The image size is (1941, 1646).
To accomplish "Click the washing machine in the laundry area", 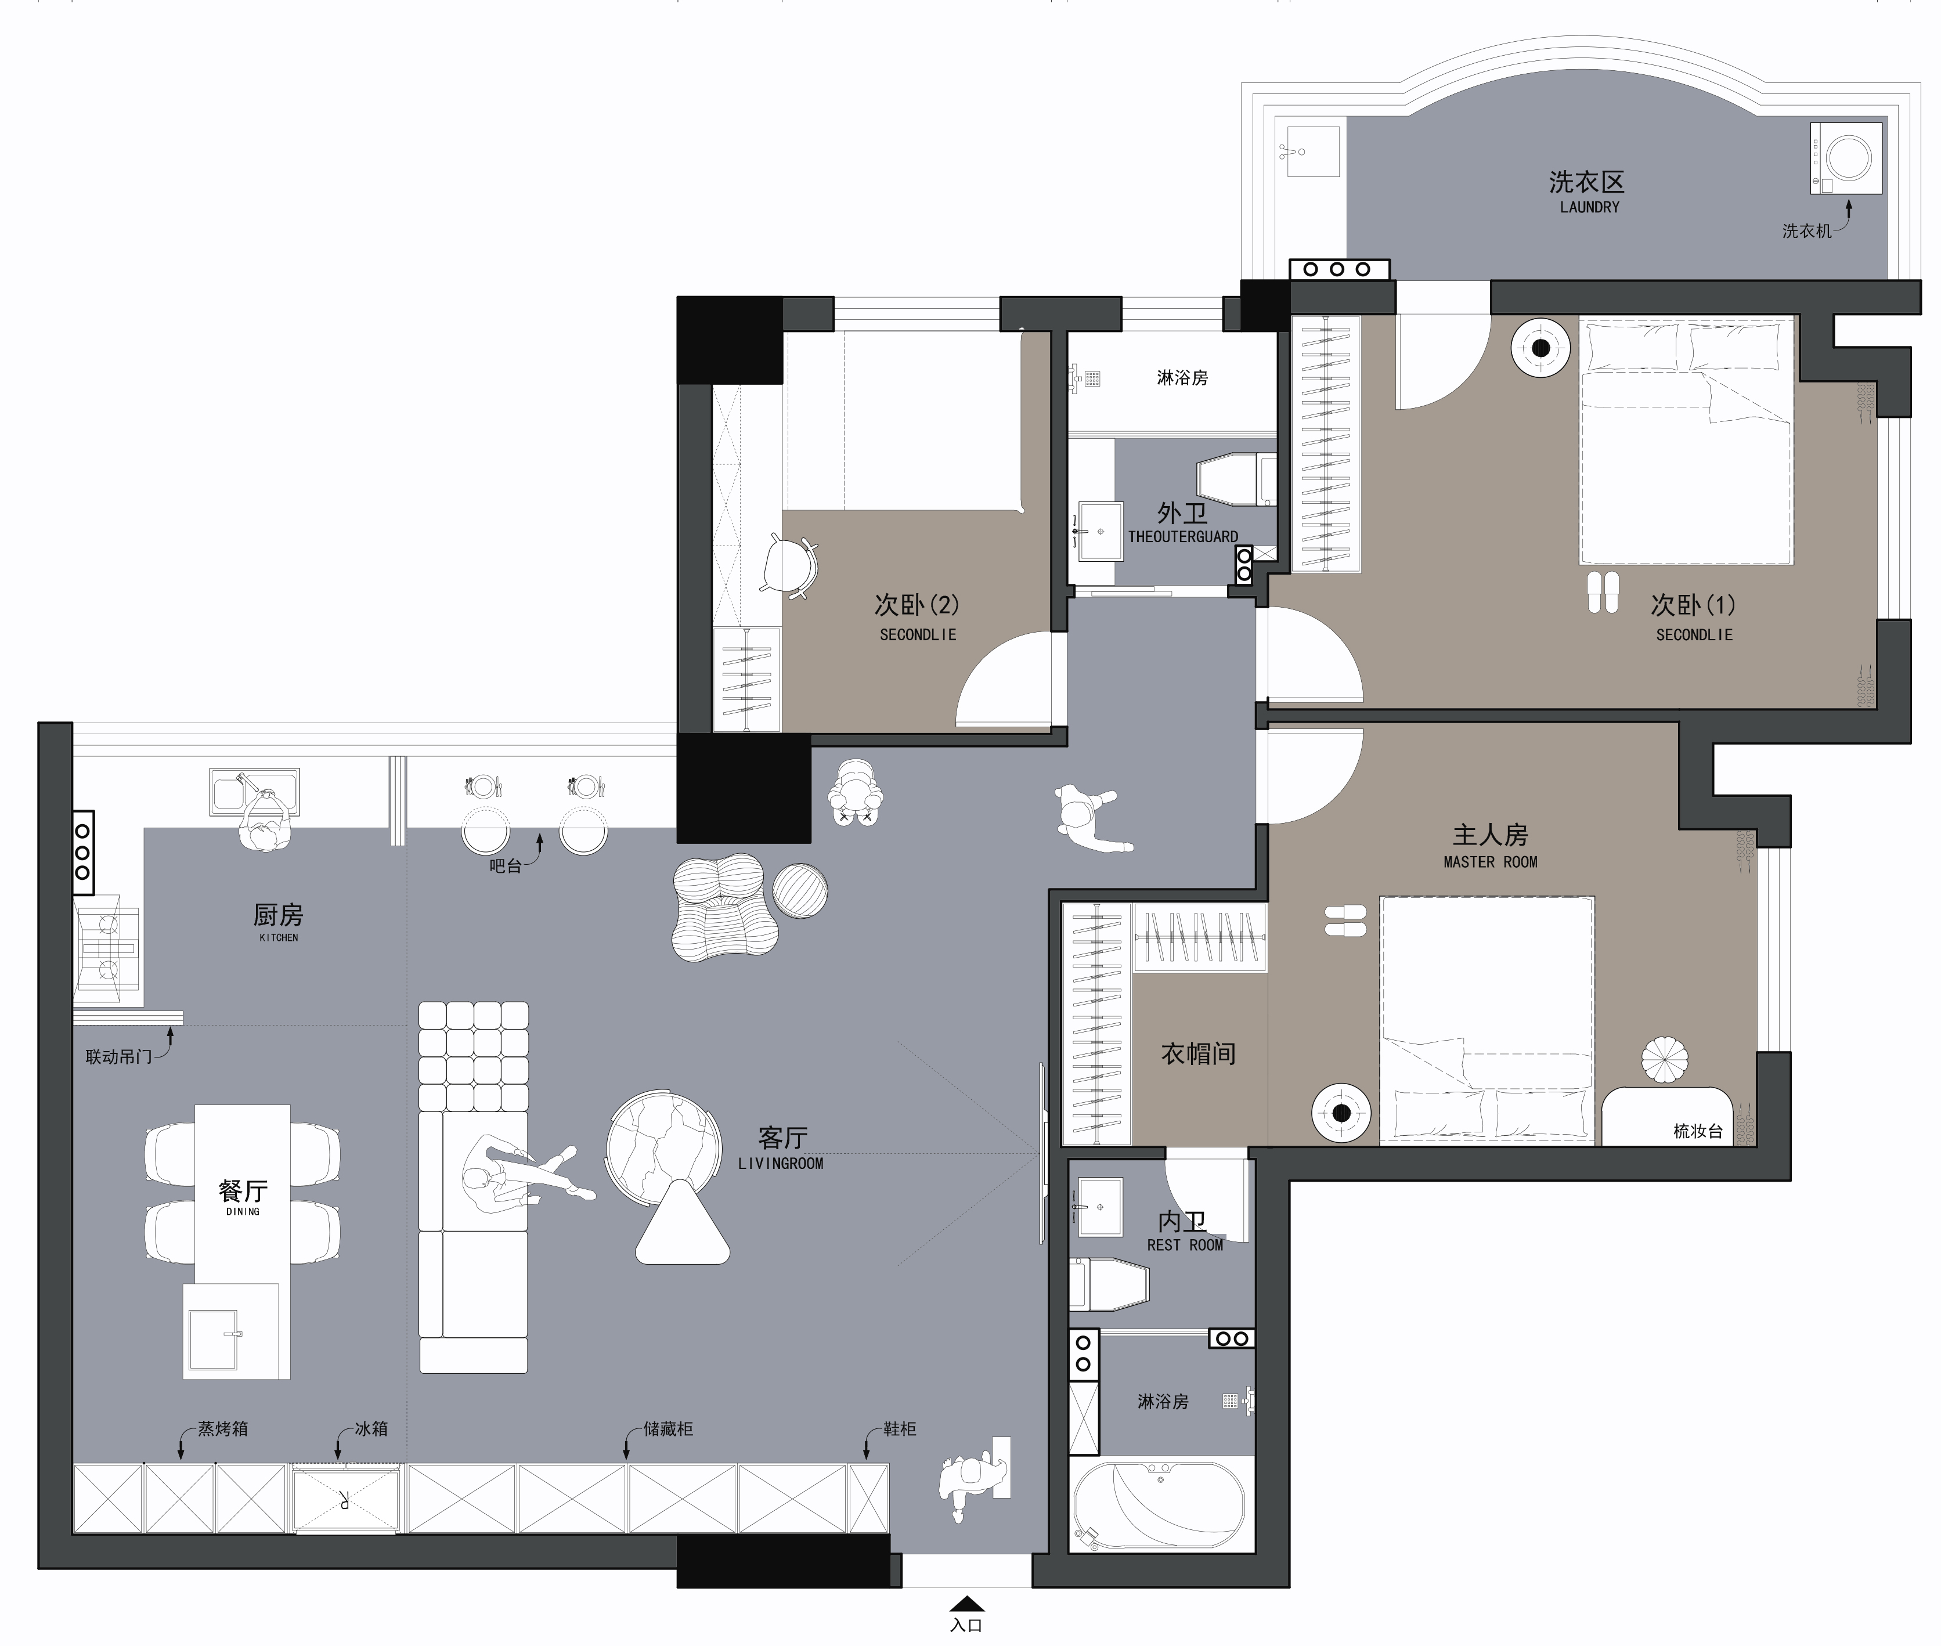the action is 1846,158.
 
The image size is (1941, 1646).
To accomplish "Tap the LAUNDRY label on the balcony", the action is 1589,207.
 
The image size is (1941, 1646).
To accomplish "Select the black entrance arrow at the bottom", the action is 967,1603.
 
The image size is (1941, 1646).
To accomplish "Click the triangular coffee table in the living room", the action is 682,1223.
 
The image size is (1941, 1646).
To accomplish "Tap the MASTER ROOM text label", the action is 1490,862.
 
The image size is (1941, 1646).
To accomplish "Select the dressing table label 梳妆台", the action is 1697,1131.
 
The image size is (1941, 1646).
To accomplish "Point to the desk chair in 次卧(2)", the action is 789,565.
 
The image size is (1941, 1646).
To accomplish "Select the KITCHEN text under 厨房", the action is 278,938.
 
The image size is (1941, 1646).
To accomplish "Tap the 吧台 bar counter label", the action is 506,866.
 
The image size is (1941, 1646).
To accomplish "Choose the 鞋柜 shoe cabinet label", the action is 900,1428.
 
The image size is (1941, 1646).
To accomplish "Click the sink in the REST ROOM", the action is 1099,1207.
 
